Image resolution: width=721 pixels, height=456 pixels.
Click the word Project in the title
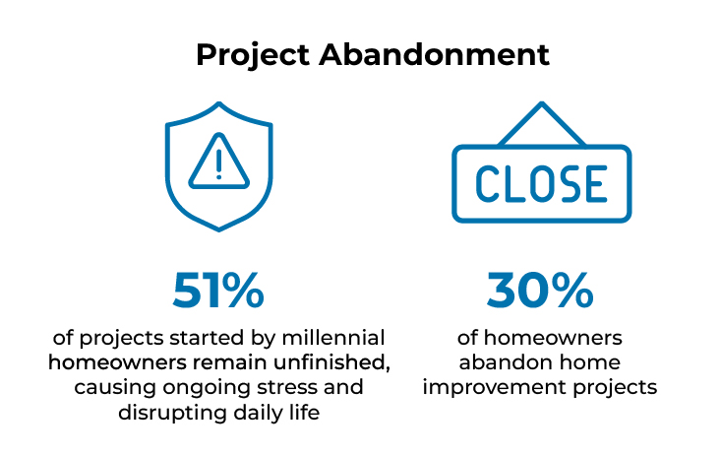point(253,56)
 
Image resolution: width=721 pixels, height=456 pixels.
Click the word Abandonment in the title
point(434,55)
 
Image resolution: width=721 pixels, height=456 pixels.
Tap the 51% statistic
point(218,291)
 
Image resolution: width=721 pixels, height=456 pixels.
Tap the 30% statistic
point(540,291)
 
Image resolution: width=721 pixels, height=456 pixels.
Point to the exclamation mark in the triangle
point(219,163)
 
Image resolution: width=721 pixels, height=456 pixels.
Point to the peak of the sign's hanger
point(542,104)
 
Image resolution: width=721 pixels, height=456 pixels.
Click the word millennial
point(333,338)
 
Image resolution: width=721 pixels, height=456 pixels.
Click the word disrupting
point(172,414)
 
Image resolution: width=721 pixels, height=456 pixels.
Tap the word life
point(304,412)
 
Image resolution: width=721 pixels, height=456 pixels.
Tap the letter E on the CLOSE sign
point(597,184)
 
